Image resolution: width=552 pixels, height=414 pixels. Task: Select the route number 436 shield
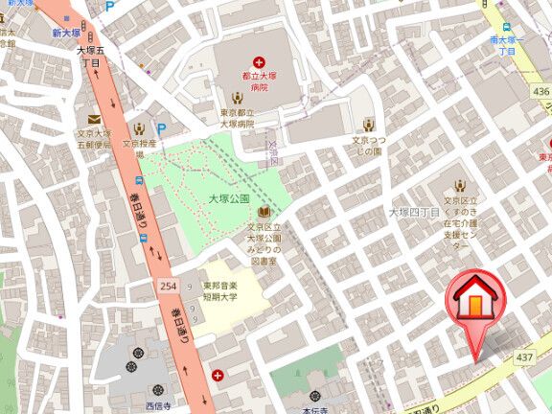click(x=541, y=92)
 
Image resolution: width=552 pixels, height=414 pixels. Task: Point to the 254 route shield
click(x=167, y=287)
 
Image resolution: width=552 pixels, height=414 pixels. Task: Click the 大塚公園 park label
click(x=229, y=198)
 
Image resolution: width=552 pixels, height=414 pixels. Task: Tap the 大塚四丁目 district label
click(x=413, y=211)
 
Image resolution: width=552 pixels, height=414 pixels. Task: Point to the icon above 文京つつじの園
click(x=369, y=123)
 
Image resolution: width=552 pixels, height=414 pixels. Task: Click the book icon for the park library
click(x=262, y=212)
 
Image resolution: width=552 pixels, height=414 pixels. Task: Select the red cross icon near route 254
click(x=219, y=375)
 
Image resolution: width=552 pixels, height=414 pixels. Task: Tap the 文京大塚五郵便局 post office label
click(x=95, y=140)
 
